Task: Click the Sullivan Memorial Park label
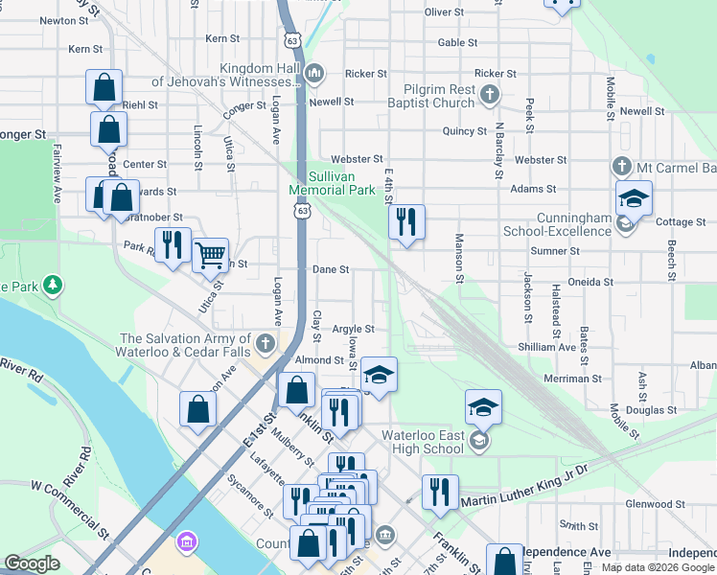click(x=332, y=183)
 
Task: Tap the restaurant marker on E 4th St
click(x=406, y=223)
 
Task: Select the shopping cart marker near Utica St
click(x=210, y=255)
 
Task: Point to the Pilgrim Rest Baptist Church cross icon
click(x=490, y=94)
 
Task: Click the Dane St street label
click(x=330, y=270)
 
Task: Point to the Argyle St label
click(x=353, y=329)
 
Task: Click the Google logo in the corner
click(x=32, y=563)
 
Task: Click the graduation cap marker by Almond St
click(x=379, y=373)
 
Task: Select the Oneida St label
click(x=590, y=282)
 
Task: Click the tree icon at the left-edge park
click(x=55, y=285)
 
